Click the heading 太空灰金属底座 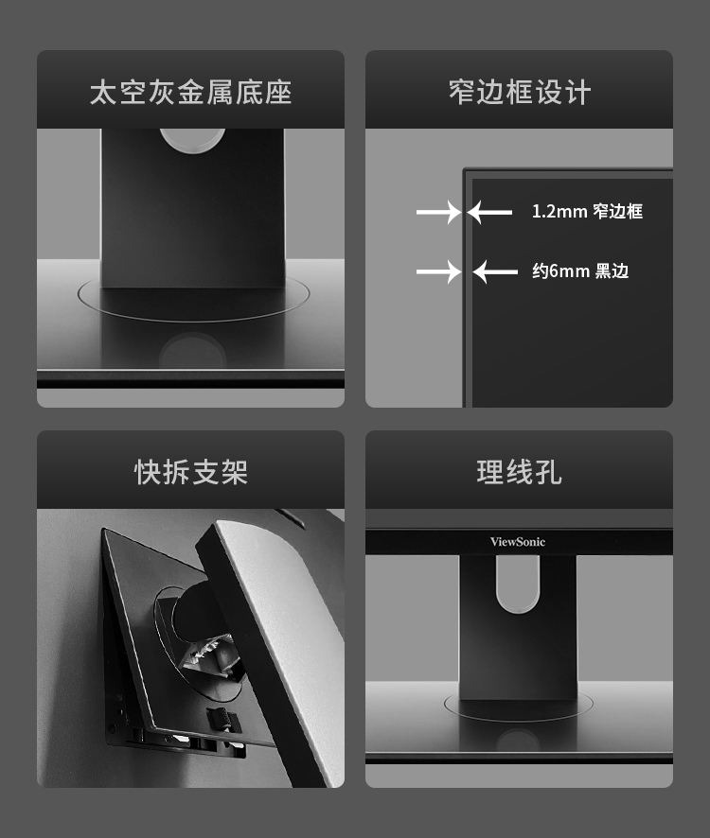tap(190, 93)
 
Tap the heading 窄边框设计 tap(520, 93)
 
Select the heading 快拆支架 tap(190, 473)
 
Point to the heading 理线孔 tap(519, 473)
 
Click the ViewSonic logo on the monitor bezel tap(518, 541)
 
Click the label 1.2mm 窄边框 tap(587, 211)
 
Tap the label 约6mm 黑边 tap(580, 271)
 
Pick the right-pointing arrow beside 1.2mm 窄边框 tap(438, 212)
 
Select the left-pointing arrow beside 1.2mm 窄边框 tap(489, 212)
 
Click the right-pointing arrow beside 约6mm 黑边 tap(438, 271)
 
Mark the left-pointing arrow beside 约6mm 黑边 tap(495, 271)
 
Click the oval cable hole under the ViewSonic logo tap(517, 584)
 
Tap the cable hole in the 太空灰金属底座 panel tap(192, 140)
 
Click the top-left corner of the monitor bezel tap(463, 169)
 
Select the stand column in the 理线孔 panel tap(518, 626)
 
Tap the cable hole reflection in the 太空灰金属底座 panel tap(192, 350)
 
